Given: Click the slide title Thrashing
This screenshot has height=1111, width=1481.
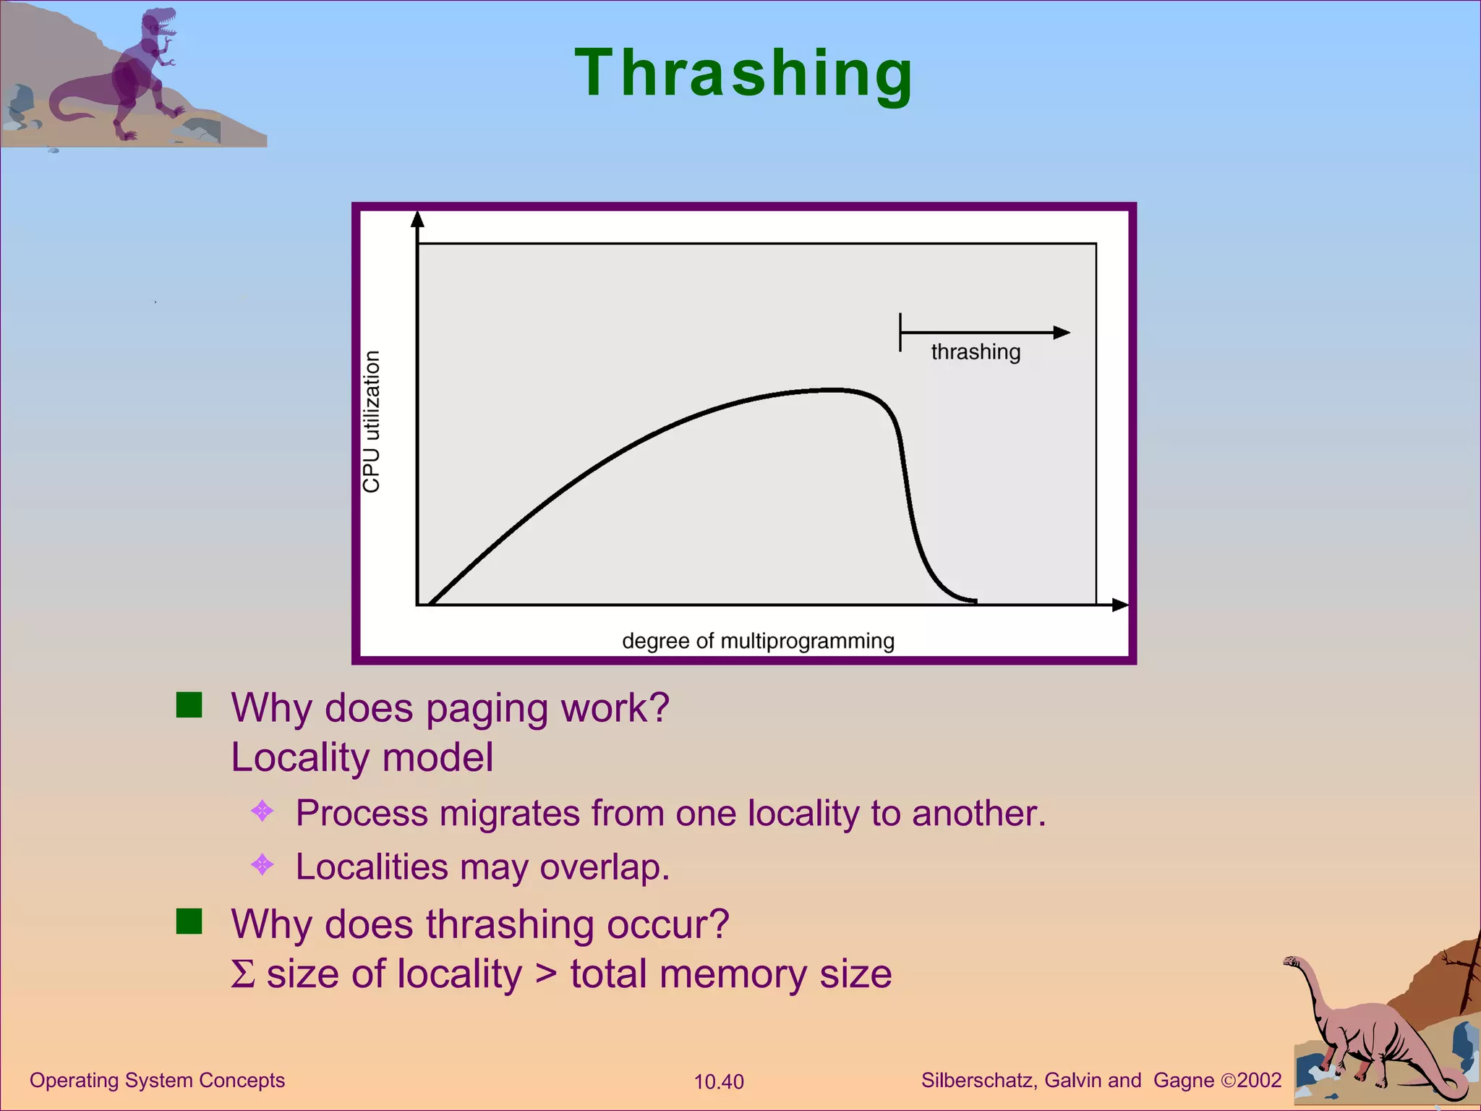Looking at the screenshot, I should [744, 73].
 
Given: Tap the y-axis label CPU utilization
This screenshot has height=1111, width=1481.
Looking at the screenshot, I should [371, 422].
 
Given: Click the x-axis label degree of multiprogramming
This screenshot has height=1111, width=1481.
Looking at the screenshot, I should [758, 641].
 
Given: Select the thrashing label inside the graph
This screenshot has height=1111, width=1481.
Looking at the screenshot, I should [976, 352].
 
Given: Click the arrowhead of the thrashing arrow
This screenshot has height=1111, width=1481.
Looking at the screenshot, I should [1062, 333].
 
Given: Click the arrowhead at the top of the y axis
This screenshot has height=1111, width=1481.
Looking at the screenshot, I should [417, 219].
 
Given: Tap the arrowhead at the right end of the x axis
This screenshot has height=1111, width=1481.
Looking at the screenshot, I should [1119, 605].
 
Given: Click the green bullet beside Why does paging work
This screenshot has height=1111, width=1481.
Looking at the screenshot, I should [189, 705].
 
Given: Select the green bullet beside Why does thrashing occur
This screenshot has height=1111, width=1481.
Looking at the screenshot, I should [189, 921].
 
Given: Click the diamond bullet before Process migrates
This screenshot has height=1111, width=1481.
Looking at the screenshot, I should [262, 811].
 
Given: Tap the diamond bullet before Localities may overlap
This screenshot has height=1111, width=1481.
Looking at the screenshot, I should [262, 864].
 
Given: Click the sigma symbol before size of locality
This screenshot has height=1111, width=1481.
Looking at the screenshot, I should [243, 974].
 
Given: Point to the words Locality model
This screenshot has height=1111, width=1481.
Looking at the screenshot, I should [362, 757].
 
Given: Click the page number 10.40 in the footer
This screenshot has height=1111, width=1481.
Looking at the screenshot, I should [719, 1082].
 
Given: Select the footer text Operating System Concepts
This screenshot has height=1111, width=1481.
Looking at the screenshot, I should [157, 1080].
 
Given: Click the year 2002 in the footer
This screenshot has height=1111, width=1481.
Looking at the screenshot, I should [1259, 1080].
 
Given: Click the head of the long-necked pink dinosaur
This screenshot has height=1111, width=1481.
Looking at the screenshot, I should [1292, 962].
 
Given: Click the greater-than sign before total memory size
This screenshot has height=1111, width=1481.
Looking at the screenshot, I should [546, 974].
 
